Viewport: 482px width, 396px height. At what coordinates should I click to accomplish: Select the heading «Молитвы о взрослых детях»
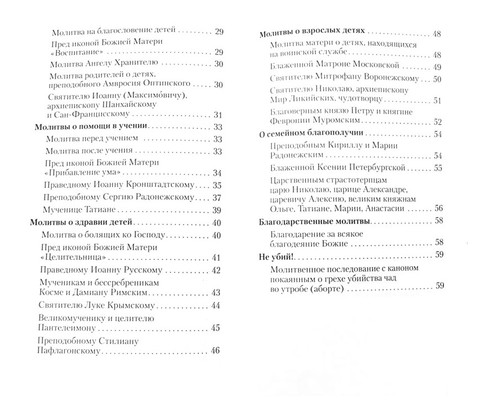pos(312,33)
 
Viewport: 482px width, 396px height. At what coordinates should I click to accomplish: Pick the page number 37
pos(216,198)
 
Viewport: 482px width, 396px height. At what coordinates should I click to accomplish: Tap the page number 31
pos(216,115)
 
